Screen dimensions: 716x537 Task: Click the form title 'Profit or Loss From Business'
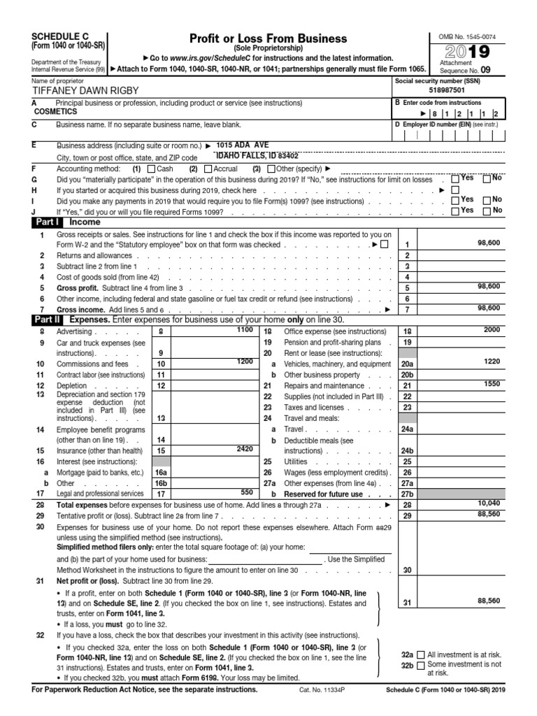(x=268, y=38)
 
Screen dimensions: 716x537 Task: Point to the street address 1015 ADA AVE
(x=243, y=145)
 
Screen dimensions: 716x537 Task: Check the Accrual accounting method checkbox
(x=207, y=169)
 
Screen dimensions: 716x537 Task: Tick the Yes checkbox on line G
(x=456, y=179)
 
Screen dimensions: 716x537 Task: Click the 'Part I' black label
(x=48, y=222)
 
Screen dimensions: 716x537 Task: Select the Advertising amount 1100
(x=244, y=329)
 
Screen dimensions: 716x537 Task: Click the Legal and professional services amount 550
(x=246, y=492)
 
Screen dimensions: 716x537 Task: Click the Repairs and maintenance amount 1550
(x=491, y=384)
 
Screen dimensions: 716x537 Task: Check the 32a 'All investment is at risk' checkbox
(x=420, y=655)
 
